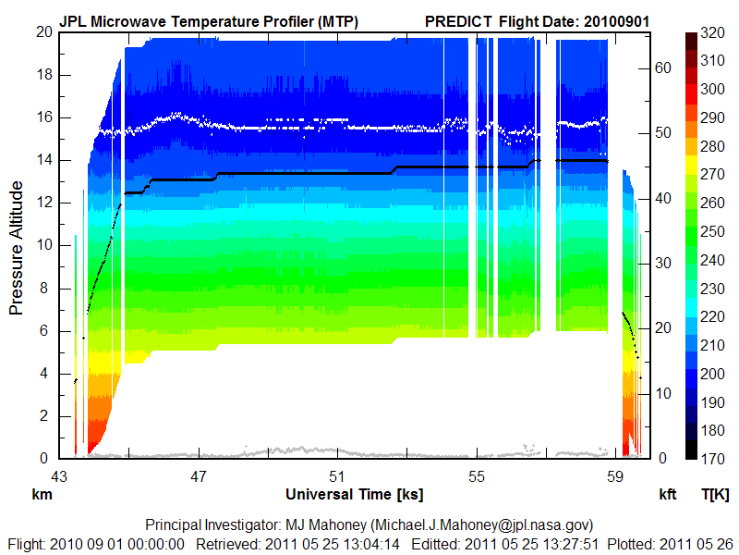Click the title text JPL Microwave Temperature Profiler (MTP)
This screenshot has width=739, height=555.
[208, 20]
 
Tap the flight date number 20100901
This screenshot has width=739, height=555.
[618, 20]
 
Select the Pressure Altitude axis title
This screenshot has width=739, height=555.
[17, 247]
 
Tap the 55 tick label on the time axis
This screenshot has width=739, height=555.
[477, 477]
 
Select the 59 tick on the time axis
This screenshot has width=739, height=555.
[616, 477]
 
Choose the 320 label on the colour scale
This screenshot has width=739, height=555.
[712, 31]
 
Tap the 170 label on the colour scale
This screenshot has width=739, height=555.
[712, 459]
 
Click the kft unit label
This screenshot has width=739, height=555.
[667, 494]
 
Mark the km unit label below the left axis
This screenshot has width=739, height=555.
[42, 494]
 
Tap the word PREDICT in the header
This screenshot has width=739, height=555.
[458, 20]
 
